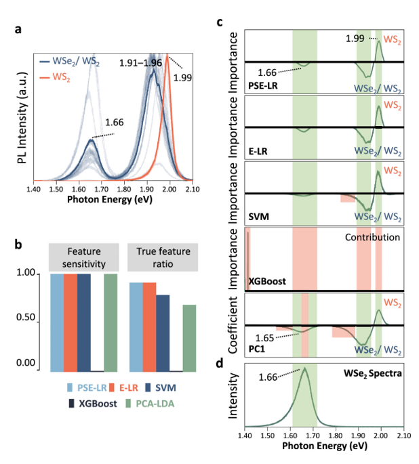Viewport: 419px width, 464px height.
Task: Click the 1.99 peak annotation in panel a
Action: coord(181,77)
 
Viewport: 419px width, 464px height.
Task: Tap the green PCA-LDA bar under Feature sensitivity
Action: coord(111,322)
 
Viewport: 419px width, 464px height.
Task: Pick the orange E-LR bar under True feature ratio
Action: coord(149,326)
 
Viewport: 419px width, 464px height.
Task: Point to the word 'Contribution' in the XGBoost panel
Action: coord(373,238)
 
